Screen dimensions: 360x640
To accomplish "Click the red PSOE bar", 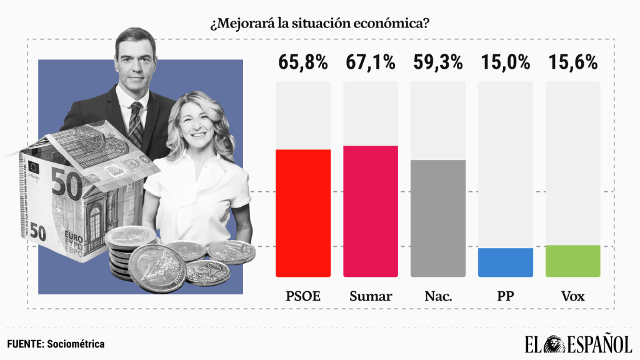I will (x=303, y=213).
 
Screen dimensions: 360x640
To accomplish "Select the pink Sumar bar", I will (x=371, y=211).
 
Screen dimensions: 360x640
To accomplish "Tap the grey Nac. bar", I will (x=438, y=218).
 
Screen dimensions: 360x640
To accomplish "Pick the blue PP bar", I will (x=506, y=262).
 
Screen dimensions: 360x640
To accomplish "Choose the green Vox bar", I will (x=573, y=261).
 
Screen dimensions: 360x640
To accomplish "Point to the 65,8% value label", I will (x=302, y=62).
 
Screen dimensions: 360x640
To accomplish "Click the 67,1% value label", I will (x=371, y=62).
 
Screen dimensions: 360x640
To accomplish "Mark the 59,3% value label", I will (x=438, y=62).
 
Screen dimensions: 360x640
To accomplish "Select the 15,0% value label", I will (x=506, y=62).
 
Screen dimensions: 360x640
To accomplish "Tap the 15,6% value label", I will (x=573, y=62).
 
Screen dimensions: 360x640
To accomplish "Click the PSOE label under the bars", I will (x=303, y=296).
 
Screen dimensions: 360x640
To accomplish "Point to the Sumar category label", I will (x=371, y=296).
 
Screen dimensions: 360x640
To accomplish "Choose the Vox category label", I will (x=573, y=296).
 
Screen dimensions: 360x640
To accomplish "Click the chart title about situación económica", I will (x=319, y=24).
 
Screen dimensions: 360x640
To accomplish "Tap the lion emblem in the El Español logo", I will (x=557, y=344).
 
